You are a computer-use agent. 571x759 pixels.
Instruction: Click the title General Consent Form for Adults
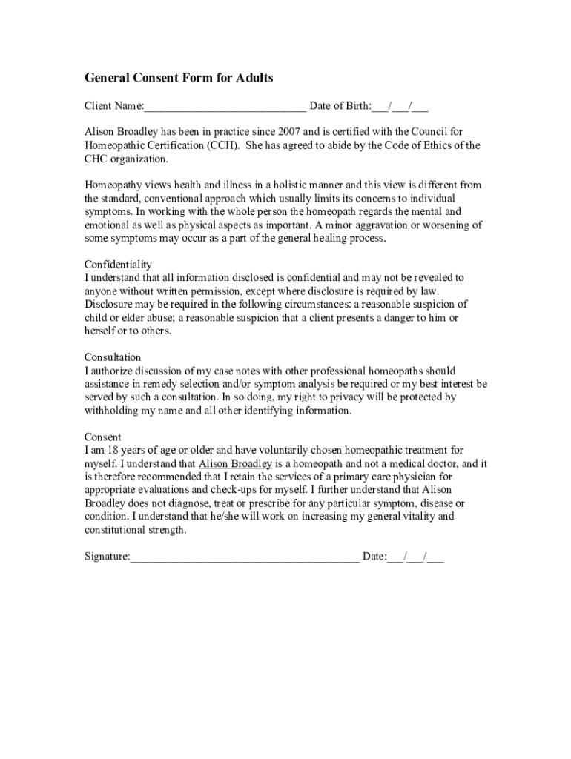pos(179,78)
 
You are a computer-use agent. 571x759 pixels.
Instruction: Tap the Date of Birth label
pos(340,106)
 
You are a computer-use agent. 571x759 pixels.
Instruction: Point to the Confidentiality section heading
pos(118,264)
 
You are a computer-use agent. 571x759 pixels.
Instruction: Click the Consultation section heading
pos(113,357)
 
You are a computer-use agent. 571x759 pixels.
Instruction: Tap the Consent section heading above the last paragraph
pos(102,437)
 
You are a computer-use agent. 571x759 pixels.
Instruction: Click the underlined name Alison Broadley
pos(235,464)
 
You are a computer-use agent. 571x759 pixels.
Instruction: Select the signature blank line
pos(245,557)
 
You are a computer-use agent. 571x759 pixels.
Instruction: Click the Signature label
pos(107,557)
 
